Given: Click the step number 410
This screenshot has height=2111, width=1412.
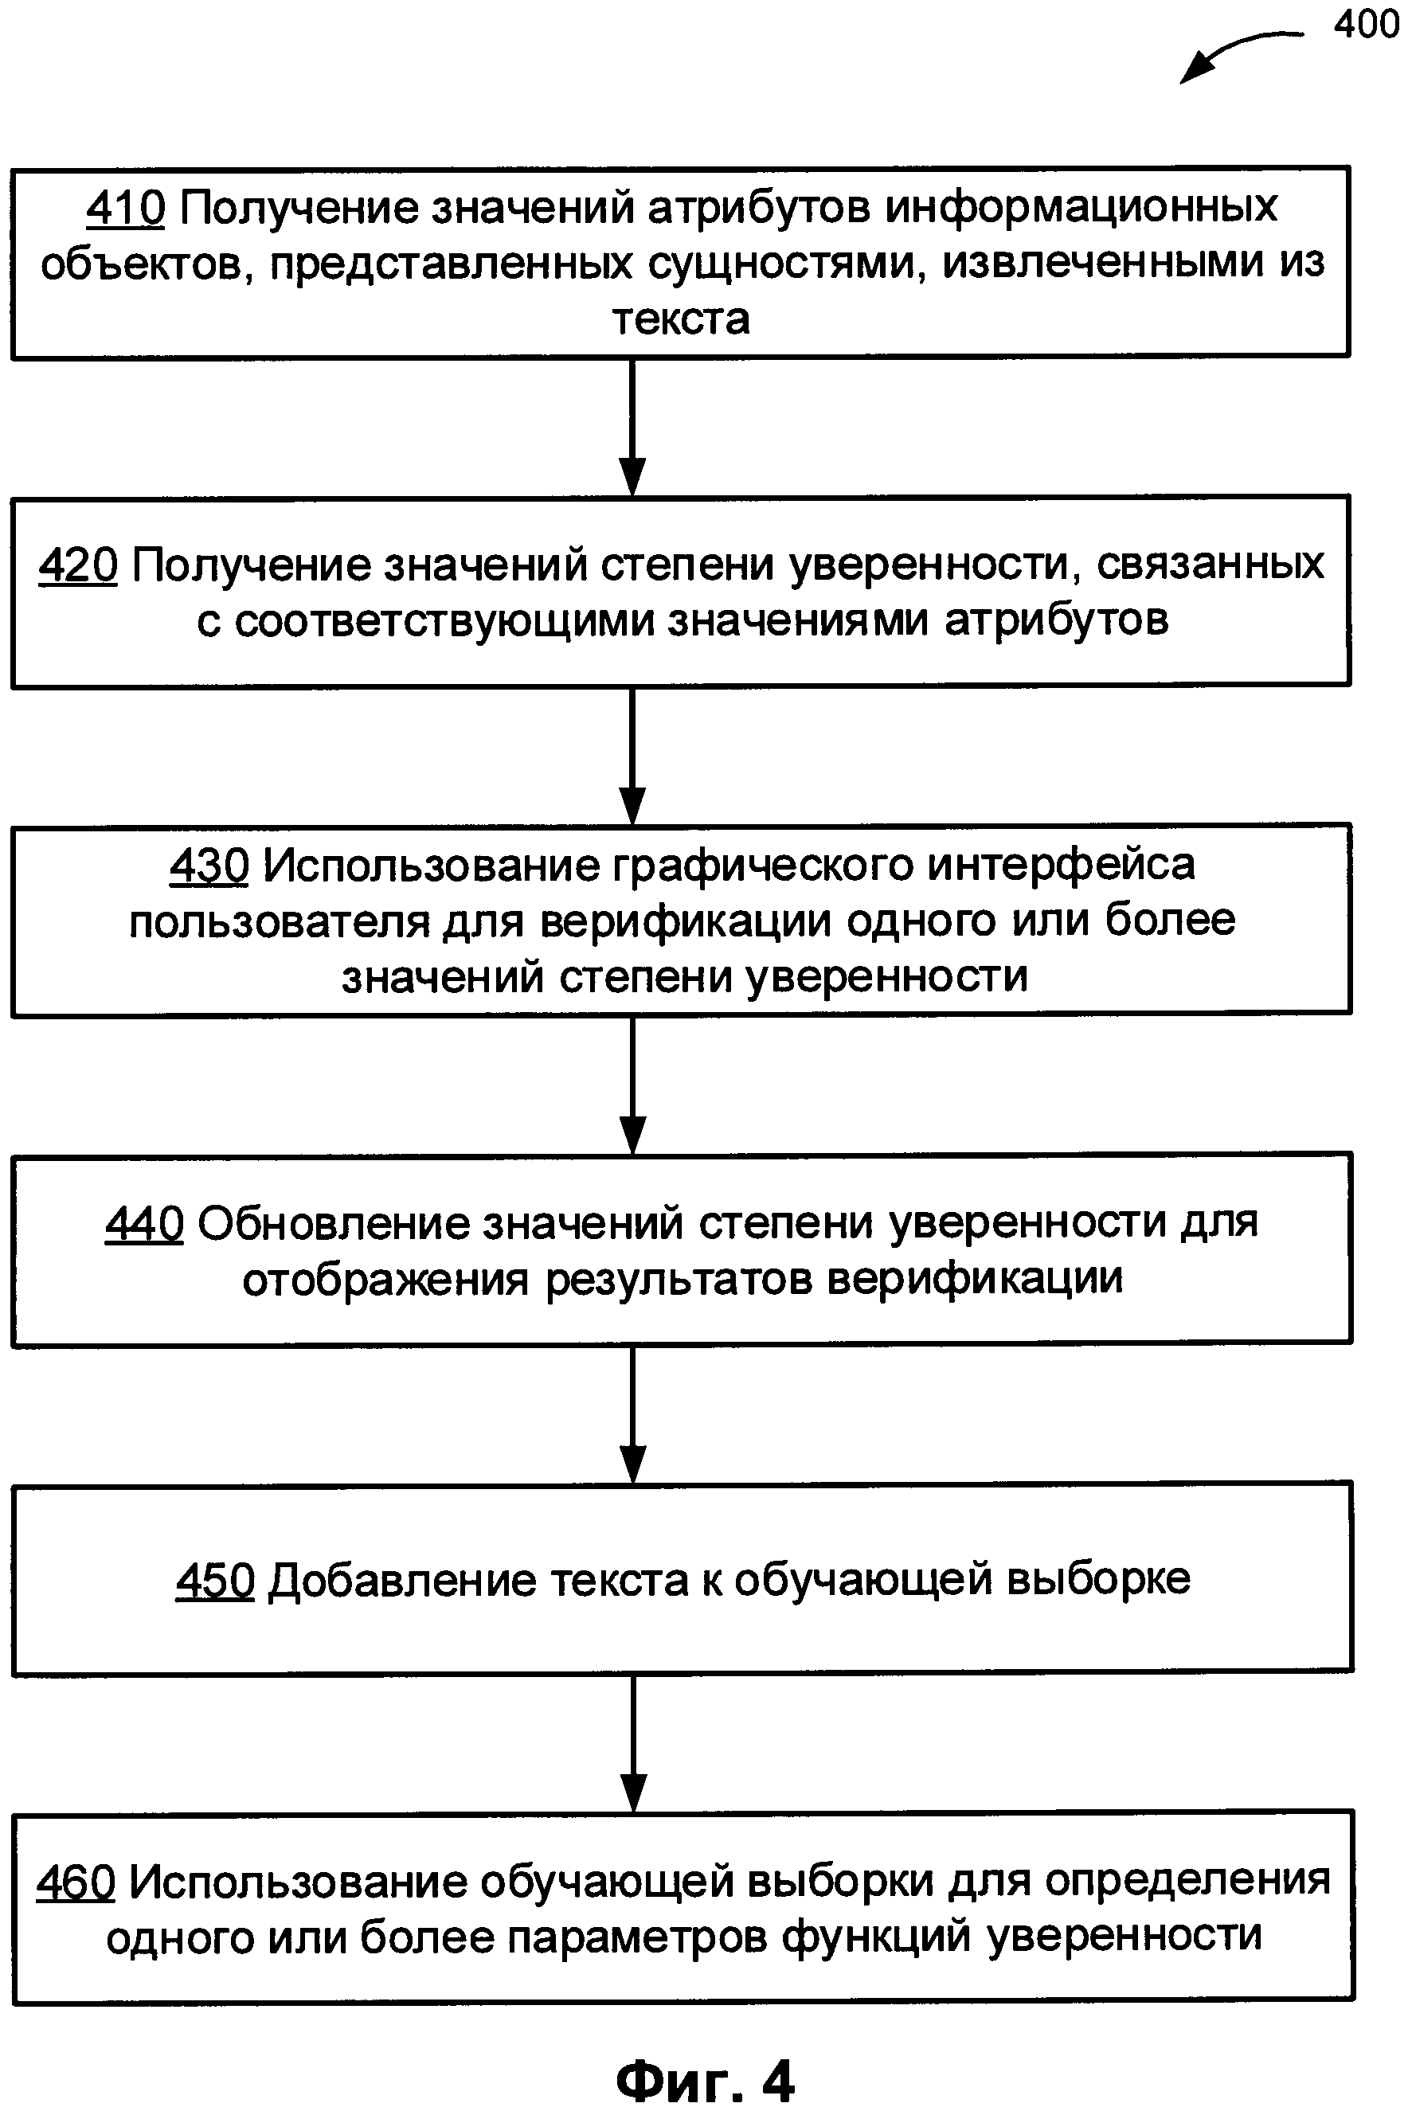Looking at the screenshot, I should point(125,208).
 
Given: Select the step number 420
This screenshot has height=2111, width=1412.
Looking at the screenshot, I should point(77,565).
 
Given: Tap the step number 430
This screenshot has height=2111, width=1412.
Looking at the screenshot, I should point(209,865).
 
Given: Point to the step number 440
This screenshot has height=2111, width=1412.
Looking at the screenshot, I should point(144,1223).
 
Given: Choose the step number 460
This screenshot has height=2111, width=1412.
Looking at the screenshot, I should point(76,1882).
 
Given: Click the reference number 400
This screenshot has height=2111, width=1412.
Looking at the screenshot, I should point(1366,25).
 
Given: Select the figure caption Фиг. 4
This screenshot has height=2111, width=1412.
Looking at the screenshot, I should point(704,2079).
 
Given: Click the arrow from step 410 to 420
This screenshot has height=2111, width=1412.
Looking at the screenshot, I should point(632,427).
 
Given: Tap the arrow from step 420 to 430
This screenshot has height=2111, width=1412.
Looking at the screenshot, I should point(632,756).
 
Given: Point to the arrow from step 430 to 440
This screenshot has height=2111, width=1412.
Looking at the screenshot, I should point(632,1085).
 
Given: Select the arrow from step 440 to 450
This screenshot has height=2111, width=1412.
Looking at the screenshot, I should point(632,1413).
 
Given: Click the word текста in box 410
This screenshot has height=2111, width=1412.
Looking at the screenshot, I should point(681,319).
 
